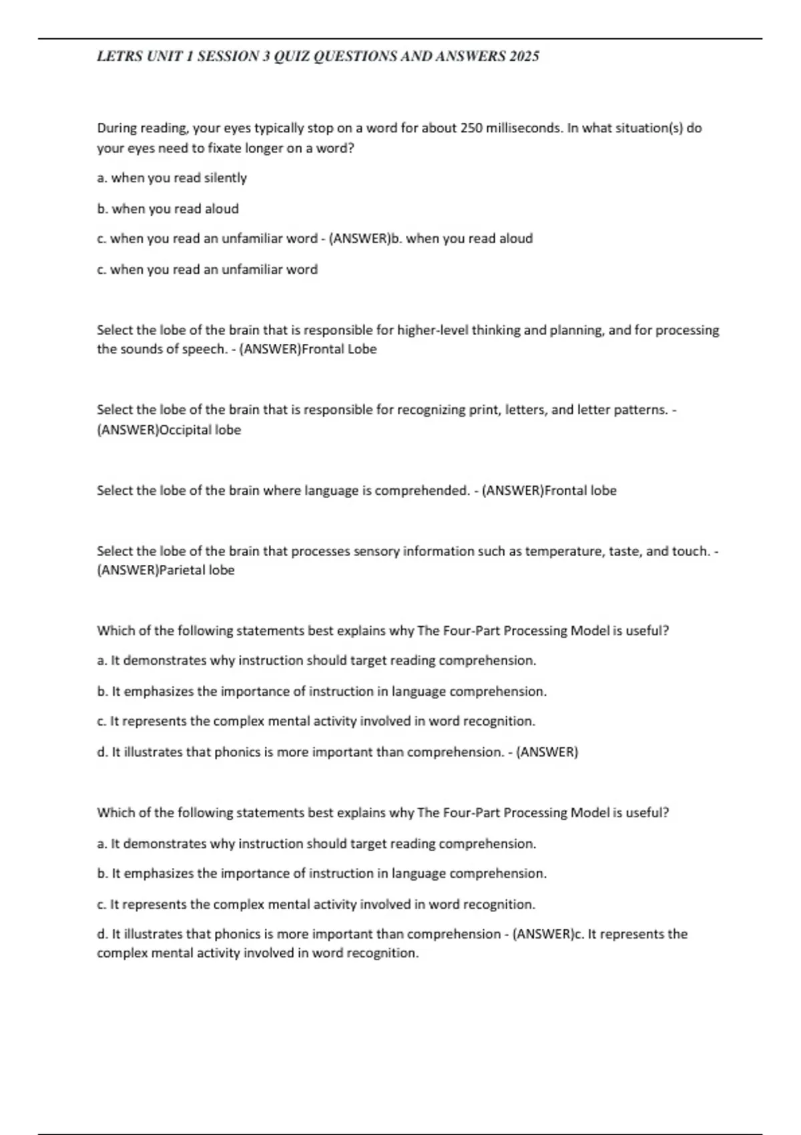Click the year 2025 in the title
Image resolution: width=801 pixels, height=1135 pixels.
tap(524, 57)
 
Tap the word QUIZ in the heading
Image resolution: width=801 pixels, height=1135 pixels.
tap(292, 57)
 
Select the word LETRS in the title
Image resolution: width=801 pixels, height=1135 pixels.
tap(119, 57)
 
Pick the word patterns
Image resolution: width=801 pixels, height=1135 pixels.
tap(638, 410)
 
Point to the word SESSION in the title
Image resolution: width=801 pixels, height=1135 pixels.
tap(228, 57)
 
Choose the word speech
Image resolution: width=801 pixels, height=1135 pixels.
tap(204, 349)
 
